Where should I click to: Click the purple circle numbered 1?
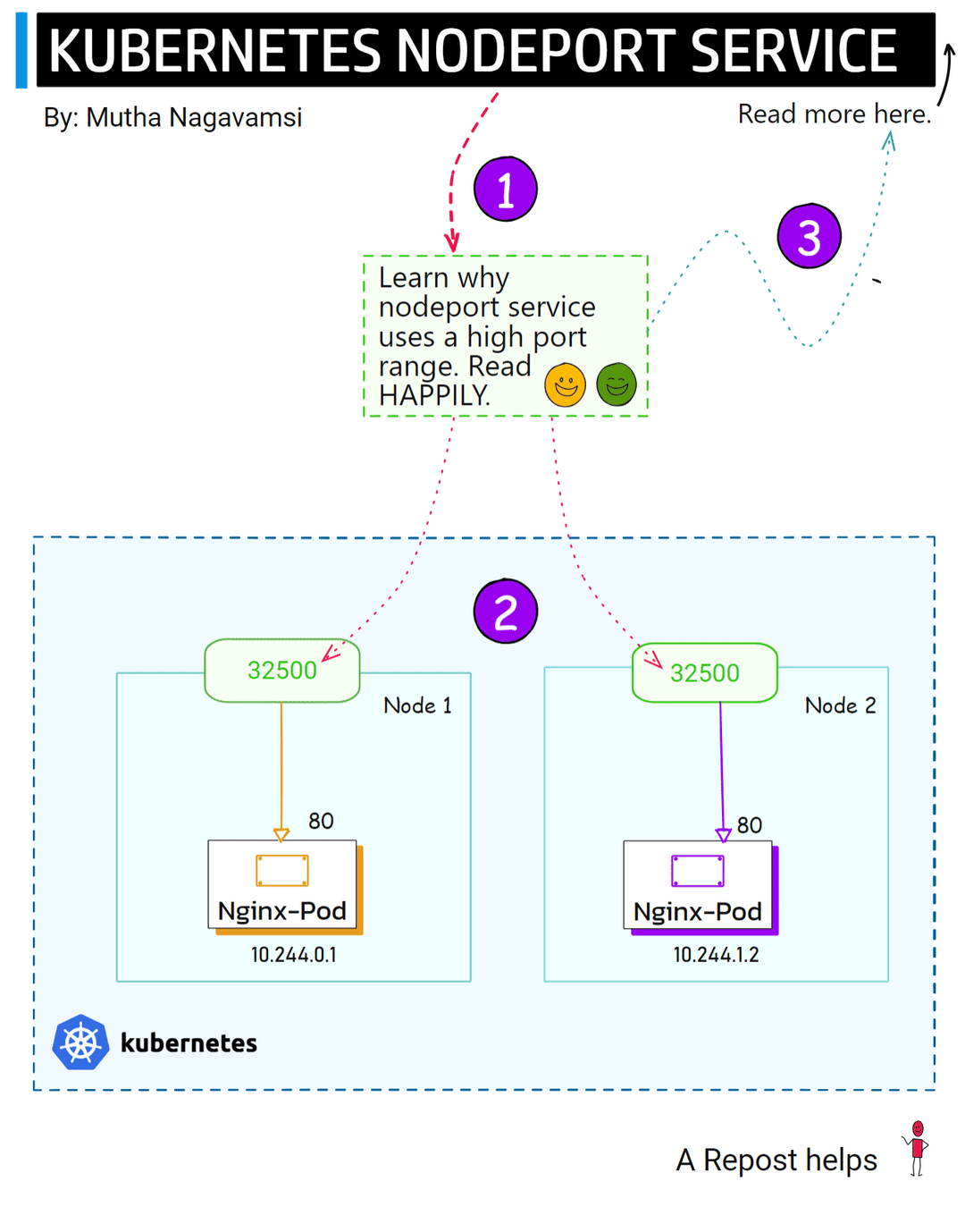505,190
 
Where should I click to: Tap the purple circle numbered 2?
505,612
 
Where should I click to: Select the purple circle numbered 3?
809,237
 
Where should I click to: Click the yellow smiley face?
565,385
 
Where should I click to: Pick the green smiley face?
616,385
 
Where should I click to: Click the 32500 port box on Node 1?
281,671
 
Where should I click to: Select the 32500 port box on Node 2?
704,673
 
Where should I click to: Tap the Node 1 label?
417,705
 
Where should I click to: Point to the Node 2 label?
840,705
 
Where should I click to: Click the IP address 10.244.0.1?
293,955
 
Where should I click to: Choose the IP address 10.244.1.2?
716,955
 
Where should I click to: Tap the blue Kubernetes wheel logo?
80,1042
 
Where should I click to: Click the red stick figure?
917,1149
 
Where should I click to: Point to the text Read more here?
834,114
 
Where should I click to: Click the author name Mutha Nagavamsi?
194,117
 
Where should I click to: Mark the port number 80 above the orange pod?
321,821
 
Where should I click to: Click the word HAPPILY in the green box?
433,396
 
